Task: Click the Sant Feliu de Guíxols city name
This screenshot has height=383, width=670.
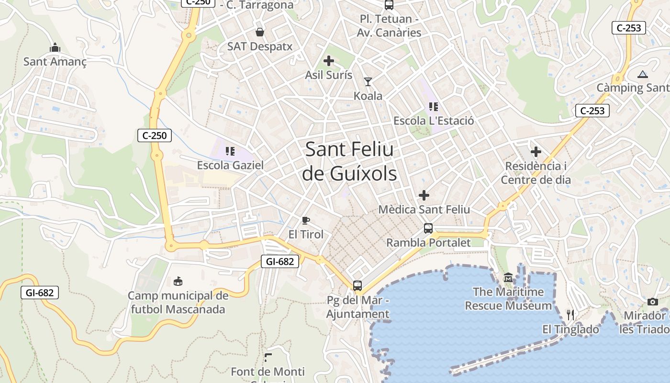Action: pos(349,161)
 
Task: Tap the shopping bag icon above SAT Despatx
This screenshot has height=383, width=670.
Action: pos(259,32)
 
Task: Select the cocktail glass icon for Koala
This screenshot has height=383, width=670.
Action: pos(368,82)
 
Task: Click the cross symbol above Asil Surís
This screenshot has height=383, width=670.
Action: pos(328,61)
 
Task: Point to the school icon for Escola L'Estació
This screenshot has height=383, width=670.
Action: pos(434,107)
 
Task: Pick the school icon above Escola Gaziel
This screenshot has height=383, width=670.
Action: pos(230,152)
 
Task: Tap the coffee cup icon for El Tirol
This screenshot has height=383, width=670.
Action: pos(306,220)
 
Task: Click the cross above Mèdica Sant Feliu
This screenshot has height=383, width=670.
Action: pos(424,195)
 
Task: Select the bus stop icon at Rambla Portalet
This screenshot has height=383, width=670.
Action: pos(428,228)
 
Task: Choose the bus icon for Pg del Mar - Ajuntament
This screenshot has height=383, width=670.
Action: pos(357,286)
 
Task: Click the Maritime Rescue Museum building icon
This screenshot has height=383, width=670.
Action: pos(508,278)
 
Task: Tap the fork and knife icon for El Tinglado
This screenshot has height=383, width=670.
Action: pos(570,315)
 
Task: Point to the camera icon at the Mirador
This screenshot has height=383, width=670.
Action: pos(653,302)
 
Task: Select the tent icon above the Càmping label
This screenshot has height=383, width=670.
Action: pos(642,74)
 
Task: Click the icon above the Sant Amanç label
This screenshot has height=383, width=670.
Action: pos(55,48)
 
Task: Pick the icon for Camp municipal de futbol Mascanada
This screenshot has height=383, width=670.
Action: pos(178,281)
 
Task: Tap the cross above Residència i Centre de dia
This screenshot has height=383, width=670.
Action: pos(536,152)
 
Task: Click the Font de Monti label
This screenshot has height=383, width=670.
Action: pos(268,372)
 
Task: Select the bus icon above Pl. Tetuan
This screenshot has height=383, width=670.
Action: pos(389,5)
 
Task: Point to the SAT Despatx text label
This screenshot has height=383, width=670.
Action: pos(259,46)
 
